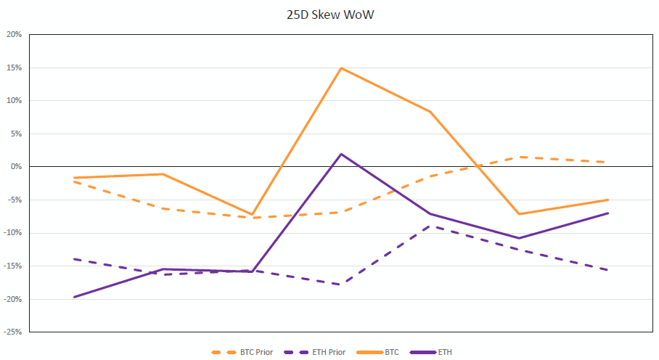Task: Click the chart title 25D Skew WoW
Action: pyautogui.click(x=329, y=14)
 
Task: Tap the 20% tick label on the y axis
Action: pyautogui.click(x=14, y=34)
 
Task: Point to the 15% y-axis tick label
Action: pyautogui.click(x=14, y=67)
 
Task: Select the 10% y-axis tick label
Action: pyautogui.click(x=14, y=101)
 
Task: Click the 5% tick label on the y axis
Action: pyautogui.click(x=15, y=134)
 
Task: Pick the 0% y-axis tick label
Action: pyautogui.click(x=15, y=167)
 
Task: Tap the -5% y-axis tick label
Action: pyautogui.click(x=14, y=200)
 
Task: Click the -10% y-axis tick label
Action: pyautogui.click(x=12, y=233)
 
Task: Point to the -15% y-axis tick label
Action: pyautogui.click(x=12, y=266)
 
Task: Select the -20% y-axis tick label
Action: pyautogui.click(x=12, y=299)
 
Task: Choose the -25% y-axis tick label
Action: pyautogui.click(x=12, y=332)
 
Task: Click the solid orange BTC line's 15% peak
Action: pyautogui.click(x=341, y=68)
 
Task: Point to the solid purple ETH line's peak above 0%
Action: pyautogui.click(x=341, y=154)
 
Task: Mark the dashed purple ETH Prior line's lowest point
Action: pyautogui.click(x=341, y=285)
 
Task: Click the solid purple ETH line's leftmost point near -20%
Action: pyautogui.click(x=73, y=297)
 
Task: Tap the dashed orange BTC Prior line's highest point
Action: pyautogui.click(x=520, y=157)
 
